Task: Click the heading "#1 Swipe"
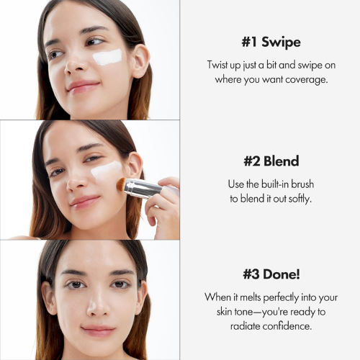point(270,42)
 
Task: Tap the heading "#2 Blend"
point(270,162)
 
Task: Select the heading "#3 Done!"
point(270,275)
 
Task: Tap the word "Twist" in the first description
point(220,65)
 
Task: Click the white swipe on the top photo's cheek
point(108,57)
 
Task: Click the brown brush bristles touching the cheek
point(123,184)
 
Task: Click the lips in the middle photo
point(85,202)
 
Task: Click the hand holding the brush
point(164,205)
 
